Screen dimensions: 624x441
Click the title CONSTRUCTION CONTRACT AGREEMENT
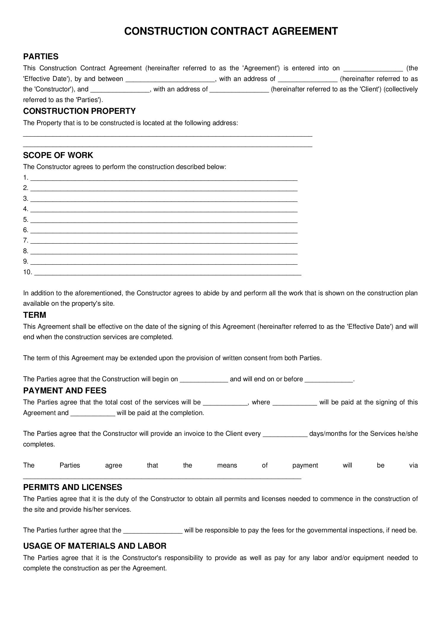(231, 31)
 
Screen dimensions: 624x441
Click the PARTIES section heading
(41, 57)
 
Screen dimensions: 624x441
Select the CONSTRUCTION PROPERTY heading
(79, 111)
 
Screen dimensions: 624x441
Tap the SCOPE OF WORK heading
(58, 155)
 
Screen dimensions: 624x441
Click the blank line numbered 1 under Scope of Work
(164, 178)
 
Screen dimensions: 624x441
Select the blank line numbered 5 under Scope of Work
(164, 220)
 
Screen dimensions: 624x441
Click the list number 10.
(27, 272)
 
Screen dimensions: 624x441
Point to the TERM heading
(34, 315)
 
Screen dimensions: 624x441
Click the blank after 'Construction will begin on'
(204, 380)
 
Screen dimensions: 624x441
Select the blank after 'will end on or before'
(329, 380)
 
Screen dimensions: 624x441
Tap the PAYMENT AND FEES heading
(65, 391)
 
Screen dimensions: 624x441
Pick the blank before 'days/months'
(285, 435)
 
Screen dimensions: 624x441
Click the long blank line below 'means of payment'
(162, 476)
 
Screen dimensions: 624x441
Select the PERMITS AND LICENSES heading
(73, 487)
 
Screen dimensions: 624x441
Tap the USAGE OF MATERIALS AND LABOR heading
(95, 546)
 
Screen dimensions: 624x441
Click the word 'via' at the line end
(413, 465)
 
